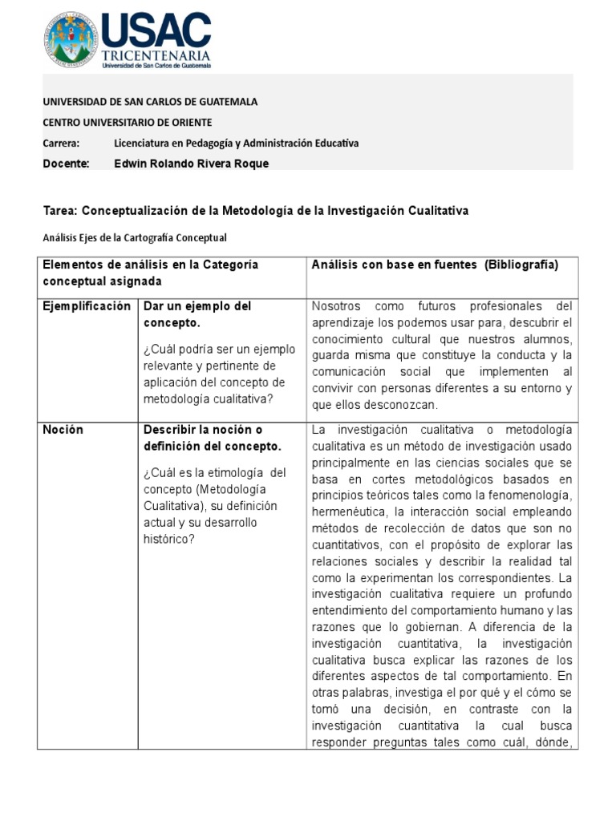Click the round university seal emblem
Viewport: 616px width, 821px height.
coord(71,39)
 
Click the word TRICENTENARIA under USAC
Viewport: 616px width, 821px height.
coord(156,55)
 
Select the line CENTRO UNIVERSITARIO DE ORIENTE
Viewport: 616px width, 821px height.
coord(127,123)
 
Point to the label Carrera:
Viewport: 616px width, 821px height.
coord(61,143)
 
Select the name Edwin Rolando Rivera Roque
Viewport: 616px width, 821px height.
coord(192,164)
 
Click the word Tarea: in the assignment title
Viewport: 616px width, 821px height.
coord(60,211)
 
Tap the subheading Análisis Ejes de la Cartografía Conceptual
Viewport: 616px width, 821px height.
coord(135,237)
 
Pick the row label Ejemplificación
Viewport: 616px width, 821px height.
coord(86,306)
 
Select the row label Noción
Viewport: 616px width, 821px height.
coord(63,430)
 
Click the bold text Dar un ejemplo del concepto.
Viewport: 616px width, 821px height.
coord(197,314)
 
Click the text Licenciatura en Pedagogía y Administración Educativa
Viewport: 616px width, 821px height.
coord(237,143)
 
